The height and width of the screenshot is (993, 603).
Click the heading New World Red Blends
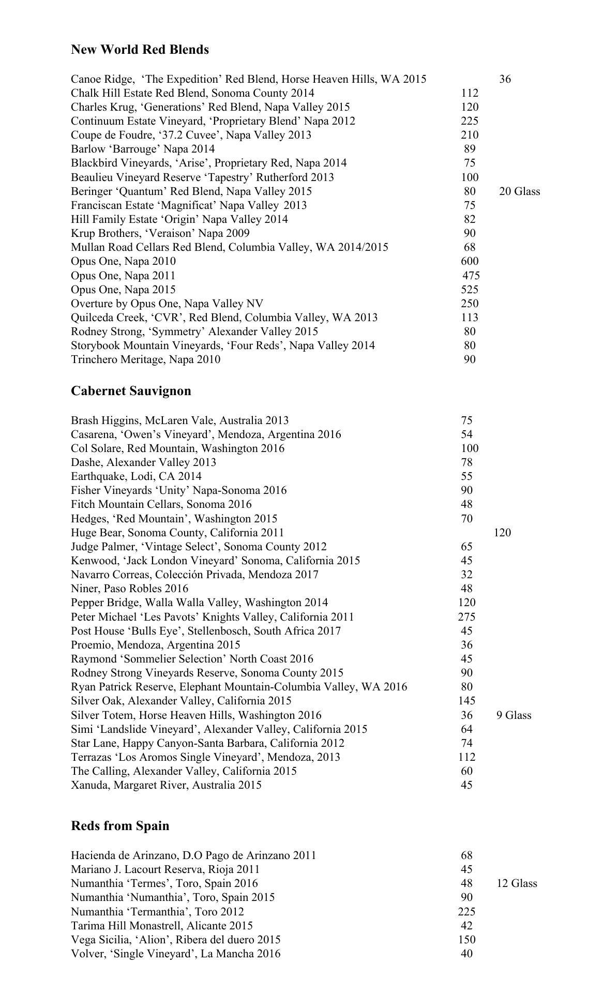click(x=140, y=50)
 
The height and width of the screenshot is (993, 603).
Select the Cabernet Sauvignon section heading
click(x=131, y=391)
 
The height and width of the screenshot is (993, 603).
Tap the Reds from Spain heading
click(x=120, y=826)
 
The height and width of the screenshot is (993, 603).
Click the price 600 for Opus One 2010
click(x=470, y=261)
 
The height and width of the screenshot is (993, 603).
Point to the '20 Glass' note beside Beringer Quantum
click(x=519, y=191)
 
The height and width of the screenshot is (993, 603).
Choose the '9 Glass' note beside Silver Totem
click(x=514, y=715)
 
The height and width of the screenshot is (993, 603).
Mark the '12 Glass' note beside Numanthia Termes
click(x=517, y=883)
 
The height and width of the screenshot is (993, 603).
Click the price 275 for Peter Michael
click(x=466, y=617)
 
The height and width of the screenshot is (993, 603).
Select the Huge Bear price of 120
click(x=502, y=533)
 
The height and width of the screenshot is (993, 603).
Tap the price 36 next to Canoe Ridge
click(x=505, y=79)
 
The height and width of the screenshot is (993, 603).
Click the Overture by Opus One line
click(x=167, y=304)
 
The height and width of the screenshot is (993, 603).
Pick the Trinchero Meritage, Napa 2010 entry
click(x=145, y=359)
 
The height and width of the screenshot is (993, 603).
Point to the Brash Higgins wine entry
click(x=179, y=420)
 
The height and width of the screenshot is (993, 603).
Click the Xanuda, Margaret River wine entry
click(x=166, y=785)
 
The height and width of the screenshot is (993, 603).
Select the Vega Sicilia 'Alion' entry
click(x=175, y=939)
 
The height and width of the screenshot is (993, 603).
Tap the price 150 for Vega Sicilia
click(x=466, y=939)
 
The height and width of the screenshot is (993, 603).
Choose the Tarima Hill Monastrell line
click(x=161, y=925)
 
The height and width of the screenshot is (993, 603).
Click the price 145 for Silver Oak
click(x=466, y=701)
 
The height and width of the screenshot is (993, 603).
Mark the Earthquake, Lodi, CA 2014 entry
click(x=136, y=476)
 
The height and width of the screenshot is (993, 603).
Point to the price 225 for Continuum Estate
click(x=470, y=121)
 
